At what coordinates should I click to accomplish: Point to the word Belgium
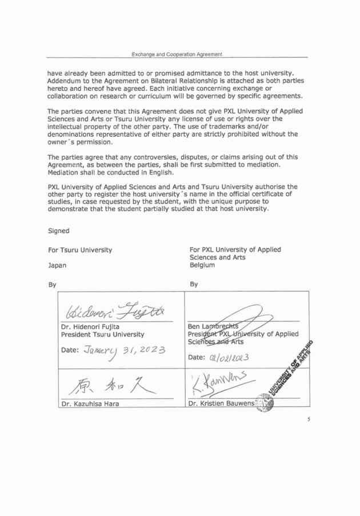click(x=202, y=265)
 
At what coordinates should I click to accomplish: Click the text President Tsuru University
click(x=102, y=334)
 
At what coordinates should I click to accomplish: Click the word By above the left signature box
click(x=53, y=283)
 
